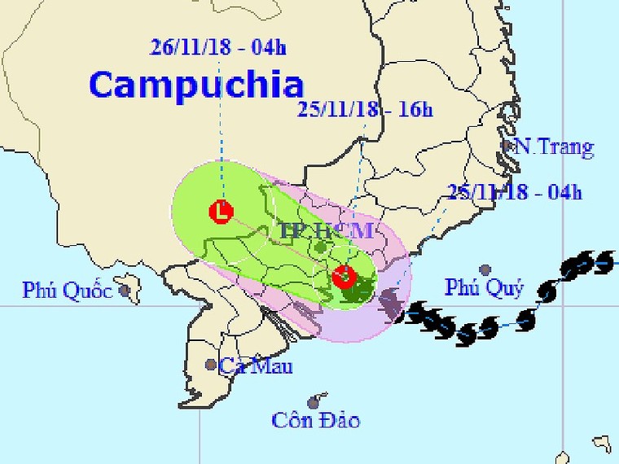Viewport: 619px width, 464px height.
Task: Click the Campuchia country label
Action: point(195,85)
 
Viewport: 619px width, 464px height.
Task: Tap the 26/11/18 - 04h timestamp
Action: point(218,46)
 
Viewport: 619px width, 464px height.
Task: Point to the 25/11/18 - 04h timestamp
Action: point(515,192)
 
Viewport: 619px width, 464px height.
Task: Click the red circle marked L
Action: point(220,212)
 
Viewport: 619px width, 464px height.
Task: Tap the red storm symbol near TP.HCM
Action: point(345,276)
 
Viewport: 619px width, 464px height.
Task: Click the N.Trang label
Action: point(554,148)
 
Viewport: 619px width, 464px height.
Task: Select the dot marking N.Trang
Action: point(507,147)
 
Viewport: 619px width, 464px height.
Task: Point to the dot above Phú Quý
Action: point(485,269)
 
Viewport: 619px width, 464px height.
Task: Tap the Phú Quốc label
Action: point(67,290)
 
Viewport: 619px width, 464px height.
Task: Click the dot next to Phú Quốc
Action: point(125,289)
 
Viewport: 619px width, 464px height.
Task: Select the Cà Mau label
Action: point(255,366)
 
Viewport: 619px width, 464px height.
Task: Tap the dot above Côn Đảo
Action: point(313,402)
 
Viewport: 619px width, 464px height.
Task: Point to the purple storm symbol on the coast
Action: point(392,303)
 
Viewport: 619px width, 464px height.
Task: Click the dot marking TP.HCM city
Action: point(321,246)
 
